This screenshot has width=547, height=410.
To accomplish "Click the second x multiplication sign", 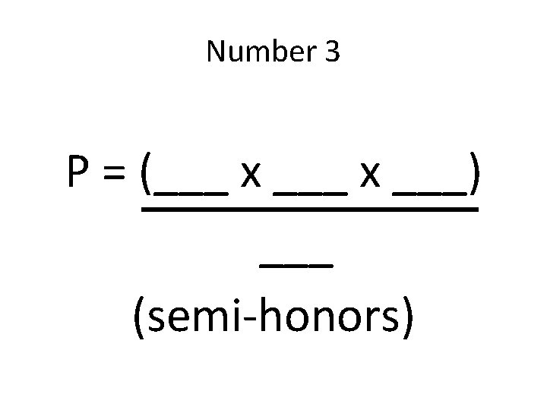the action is point(371,179).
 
